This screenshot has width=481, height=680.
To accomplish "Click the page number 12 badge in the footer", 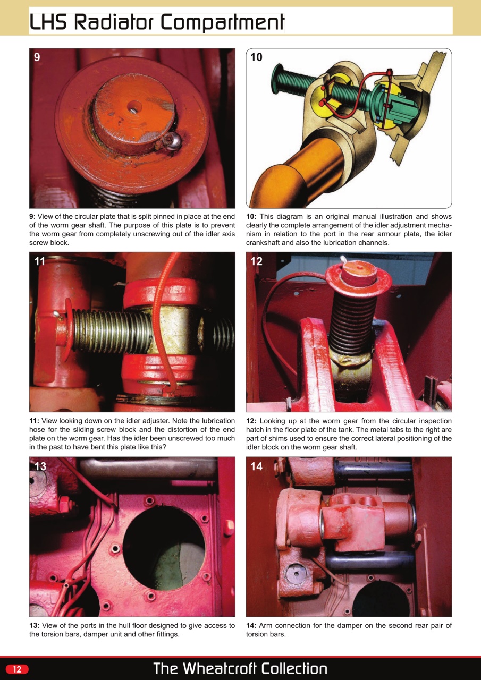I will pyautogui.click(x=17, y=669).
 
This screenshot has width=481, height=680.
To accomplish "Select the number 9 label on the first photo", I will pyautogui.click(x=37, y=57).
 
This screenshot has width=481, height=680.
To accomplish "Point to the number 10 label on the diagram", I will pyautogui.click(x=256, y=57).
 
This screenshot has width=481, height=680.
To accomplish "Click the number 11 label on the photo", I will pyautogui.click(x=40, y=261).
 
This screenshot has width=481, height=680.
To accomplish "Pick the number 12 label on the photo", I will pyautogui.click(x=256, y=261).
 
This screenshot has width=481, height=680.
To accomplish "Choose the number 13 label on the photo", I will pyautogui.click(x=40, y=466).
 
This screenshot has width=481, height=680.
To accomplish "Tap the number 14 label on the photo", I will pyautogui.click(x=256, y=466).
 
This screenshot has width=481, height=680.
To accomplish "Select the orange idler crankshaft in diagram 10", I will pyautogui.click(x=287, y=170).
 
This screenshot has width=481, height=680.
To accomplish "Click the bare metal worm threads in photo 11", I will pyautogui.click(x=112, y=332).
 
